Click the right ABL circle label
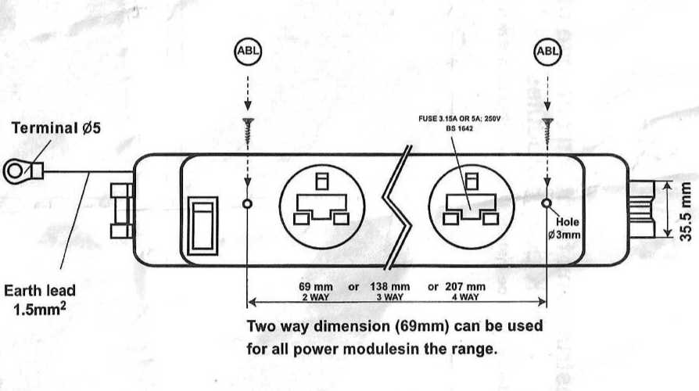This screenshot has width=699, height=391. (x=547, y=51)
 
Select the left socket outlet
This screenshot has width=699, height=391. (x=321, y=204)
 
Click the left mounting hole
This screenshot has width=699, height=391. (x=247, y=204)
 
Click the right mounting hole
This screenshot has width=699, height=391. (x=547, y=204)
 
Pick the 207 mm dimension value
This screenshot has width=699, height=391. (x=462, y=287)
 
